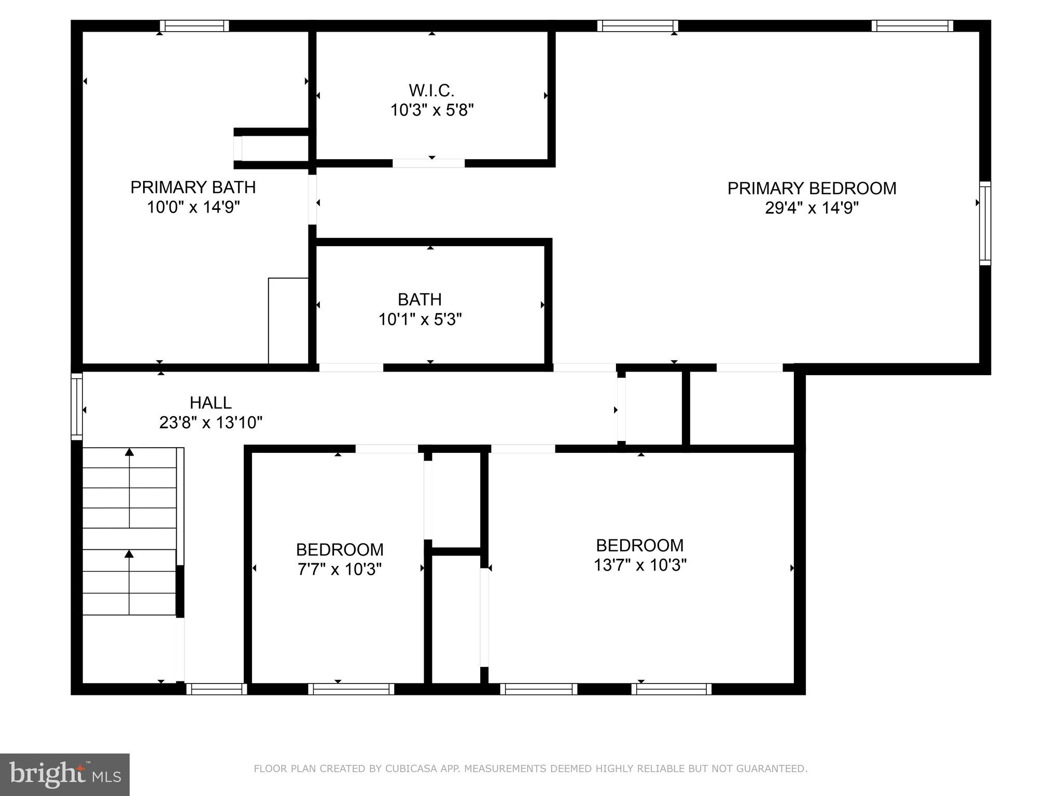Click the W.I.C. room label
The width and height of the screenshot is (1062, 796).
point(431,91)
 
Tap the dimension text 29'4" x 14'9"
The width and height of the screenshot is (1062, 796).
point(812,208)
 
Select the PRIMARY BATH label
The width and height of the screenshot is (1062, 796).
point(193,187)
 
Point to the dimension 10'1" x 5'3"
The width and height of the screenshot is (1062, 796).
point(420,320)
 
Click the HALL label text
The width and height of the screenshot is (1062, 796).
point(211,403)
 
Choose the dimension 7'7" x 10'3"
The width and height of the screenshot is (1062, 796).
point(340,570)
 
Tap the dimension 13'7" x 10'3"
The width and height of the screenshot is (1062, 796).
point(640,565)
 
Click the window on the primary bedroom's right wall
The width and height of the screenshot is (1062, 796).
point(985,223)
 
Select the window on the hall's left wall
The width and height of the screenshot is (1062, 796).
point(77,406)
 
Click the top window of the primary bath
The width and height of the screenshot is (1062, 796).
point(194,26)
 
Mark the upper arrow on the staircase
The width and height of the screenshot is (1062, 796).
point(129,452)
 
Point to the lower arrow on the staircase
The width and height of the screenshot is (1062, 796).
point(129,555)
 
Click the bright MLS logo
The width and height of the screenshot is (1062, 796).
point(65,775)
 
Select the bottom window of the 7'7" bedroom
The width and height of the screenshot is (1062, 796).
point(351,689)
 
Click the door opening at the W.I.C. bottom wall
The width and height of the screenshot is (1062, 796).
point(428,163)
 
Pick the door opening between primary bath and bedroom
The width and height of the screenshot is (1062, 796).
point(312,200)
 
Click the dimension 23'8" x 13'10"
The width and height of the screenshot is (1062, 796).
point(211,423)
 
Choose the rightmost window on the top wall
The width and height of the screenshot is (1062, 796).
point(912,26)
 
